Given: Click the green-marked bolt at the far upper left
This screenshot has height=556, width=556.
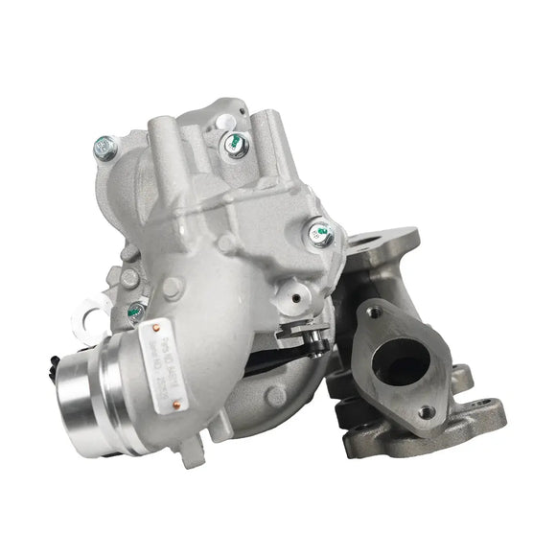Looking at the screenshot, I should pyautogui.click(x=105, y=147).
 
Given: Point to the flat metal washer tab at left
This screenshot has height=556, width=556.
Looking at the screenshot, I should pyautogui.click(x=93, y=308).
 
